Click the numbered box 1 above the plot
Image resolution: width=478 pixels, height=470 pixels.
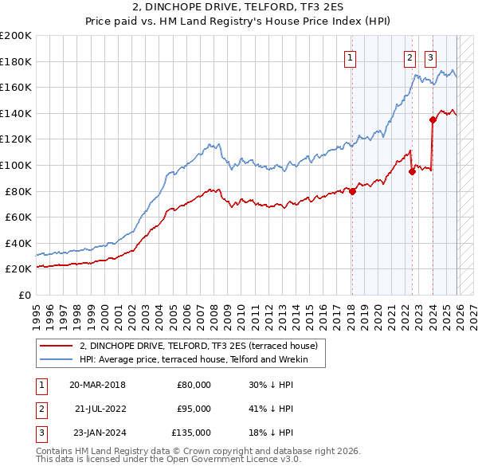click(x=351, y=57)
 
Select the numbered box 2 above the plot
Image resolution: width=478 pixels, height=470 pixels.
click(x=409, y=57)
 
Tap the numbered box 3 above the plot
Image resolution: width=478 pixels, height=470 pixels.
click(x=430, y=57)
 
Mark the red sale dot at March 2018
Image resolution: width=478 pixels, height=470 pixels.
click(x=352, y=191)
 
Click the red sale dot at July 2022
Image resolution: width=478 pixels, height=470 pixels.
click(x=412, y=171)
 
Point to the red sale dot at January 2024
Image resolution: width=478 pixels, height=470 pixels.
click(x=433, y=120)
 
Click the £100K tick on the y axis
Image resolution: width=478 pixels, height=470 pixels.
click(x=16, y=165)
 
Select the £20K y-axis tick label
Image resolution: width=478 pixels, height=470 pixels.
click(x=18, y=269)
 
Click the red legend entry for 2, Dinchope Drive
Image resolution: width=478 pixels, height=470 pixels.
click(x=198, y=346)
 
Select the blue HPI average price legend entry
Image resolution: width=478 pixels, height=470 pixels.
click(x=202, y=360)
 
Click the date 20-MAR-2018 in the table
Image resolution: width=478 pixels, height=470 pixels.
click(x=97, y=385)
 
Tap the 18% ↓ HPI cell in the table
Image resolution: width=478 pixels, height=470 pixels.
click(x=271, y=433)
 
